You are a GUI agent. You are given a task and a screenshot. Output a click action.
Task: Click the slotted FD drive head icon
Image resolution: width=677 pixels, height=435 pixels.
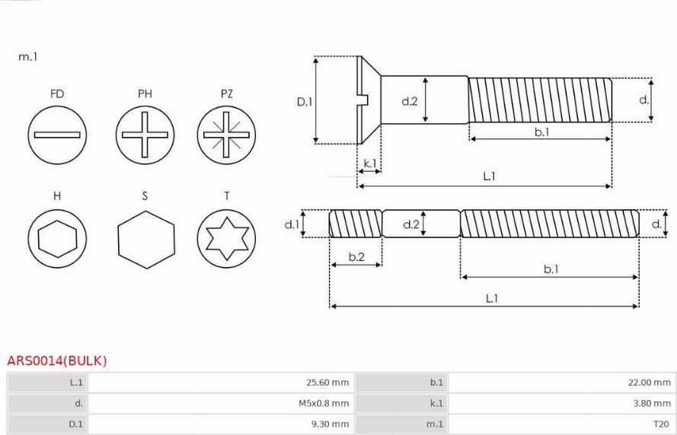(57, 135)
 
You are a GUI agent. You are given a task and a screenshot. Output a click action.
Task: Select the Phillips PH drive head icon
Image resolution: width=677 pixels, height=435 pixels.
(145, 135)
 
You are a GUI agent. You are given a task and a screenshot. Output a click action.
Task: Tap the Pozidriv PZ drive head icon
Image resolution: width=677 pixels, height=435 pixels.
(226, 135)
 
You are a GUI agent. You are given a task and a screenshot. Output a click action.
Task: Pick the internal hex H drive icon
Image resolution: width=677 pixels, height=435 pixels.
(57, 238)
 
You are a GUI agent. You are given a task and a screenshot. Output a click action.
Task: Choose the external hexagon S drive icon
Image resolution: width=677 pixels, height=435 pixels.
(146, 240)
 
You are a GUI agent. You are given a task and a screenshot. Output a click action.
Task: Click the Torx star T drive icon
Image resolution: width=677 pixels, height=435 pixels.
(226, 238)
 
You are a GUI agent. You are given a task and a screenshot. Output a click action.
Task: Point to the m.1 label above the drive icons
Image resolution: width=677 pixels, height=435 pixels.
(27, 56)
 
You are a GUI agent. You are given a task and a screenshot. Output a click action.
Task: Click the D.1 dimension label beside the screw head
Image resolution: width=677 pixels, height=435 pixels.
(305, 102)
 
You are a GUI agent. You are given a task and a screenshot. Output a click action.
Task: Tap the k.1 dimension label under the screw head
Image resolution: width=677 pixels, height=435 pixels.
(370, 164)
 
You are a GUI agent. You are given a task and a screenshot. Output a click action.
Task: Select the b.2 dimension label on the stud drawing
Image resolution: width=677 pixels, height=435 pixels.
(356, 257)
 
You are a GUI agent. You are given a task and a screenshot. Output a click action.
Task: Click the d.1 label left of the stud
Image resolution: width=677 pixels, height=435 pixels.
(292, 224)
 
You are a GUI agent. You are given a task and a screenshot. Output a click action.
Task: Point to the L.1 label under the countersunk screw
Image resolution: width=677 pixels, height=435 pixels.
(489, 176)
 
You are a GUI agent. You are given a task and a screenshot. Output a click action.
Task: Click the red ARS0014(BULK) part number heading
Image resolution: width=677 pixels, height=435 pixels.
(57, 360)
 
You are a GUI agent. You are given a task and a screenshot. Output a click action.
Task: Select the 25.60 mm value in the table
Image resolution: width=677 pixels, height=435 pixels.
(327, 383)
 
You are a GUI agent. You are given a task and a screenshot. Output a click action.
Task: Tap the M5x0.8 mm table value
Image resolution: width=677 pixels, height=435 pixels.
(324, 403)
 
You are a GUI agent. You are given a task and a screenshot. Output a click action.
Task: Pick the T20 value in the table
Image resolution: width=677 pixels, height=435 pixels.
(661, 424)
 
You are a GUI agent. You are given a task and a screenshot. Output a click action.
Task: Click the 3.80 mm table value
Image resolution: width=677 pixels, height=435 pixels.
(652, 403)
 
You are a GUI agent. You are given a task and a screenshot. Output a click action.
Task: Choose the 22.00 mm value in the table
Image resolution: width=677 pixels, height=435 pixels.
(650, 383)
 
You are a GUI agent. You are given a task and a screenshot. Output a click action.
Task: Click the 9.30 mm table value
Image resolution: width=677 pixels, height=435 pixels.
(331, 424)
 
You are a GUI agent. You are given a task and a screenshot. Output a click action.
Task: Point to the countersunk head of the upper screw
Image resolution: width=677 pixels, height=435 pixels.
(369, 100)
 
